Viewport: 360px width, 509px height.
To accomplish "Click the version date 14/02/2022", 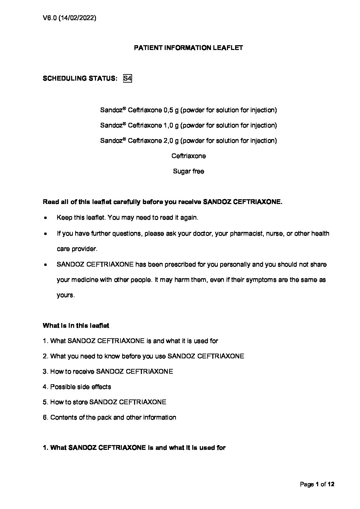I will point(78,18).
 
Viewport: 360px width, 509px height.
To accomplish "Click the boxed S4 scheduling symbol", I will point(127,79).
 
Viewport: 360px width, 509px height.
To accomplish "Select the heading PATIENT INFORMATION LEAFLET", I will point(188,48).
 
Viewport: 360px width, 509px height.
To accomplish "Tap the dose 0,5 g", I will point(171,110).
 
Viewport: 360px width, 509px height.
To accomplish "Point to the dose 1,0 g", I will point(171,125).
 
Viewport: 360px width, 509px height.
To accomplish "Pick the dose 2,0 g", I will point(171,141).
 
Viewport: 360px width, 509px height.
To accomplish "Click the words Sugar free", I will point(188,171).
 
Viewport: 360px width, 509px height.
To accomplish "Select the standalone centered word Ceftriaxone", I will point(189,156).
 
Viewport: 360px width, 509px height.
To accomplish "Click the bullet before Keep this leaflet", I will point(45,218).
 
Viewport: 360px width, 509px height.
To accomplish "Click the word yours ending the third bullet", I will point(65,295).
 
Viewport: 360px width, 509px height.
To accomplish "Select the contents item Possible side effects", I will point(77,387).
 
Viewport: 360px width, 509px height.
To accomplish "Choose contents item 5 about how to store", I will point(104,402).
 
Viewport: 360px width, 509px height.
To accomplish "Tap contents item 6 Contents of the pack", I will point(109,418).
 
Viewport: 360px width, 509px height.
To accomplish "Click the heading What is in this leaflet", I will point(76,326).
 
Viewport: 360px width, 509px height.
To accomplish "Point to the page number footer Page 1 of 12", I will point(317,485).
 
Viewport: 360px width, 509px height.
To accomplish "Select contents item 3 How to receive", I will point(108,372).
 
